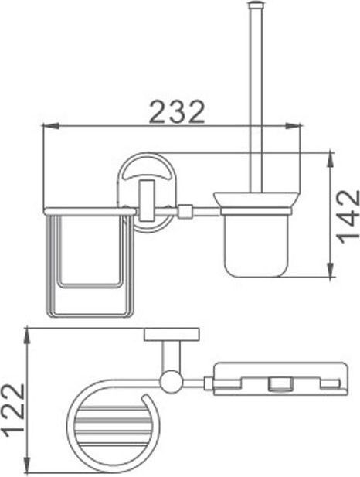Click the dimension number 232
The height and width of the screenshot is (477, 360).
coord(178,111)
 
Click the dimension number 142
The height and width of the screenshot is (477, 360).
coord(348,217)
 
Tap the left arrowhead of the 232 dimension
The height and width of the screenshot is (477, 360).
coord(50,125)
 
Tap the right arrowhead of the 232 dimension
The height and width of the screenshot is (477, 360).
coord(293,125)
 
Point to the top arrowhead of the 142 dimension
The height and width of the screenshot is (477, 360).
coord(331,159)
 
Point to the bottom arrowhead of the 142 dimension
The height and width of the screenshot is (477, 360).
coord(331,270)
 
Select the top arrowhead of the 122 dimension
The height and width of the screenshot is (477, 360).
coord(27,336)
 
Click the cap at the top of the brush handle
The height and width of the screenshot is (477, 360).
coord(256,5)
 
